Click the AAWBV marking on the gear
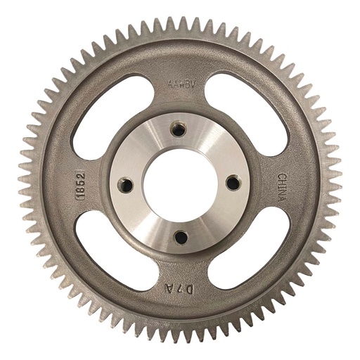181,85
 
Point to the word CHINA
281,187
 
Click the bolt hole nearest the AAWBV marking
179,131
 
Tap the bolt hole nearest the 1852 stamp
127,185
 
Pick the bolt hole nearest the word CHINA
233,182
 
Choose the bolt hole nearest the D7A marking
181,237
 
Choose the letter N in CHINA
281,192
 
